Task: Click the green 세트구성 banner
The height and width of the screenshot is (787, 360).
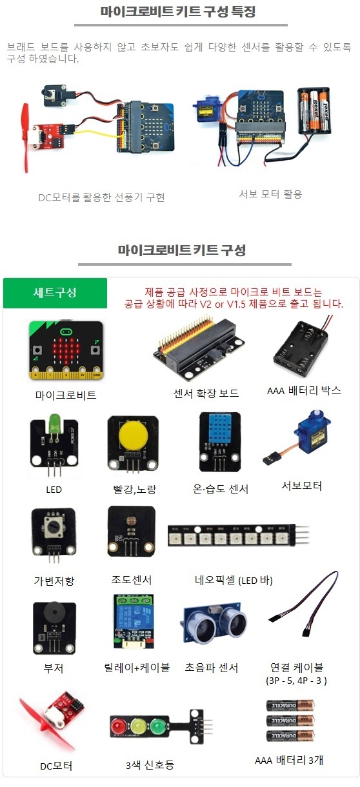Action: [x=55, y=293]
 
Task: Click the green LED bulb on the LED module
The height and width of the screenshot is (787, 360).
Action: [x=54, y=423]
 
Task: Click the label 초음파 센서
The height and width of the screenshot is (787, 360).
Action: [x=212, y=667]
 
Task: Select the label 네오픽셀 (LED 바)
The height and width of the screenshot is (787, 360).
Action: [x=234, y=580]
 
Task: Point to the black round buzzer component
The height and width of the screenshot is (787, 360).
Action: [x=54, y=612]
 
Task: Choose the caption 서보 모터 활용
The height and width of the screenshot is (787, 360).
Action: [x=270, y=194]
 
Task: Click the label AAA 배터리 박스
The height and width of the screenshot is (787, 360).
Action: [x=304, y=390]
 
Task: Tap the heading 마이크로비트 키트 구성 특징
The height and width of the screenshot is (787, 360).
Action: [x=178, y=12]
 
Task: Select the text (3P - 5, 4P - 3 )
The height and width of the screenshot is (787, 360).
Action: [x=296, y=681]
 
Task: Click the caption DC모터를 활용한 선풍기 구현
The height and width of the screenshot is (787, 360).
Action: [x=101, y=197]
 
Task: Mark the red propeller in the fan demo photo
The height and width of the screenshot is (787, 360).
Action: [x=25, y=138]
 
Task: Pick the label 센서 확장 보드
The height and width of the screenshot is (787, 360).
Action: [x=206, y=393]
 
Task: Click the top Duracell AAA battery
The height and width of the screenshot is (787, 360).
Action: [x=290, y=705]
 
